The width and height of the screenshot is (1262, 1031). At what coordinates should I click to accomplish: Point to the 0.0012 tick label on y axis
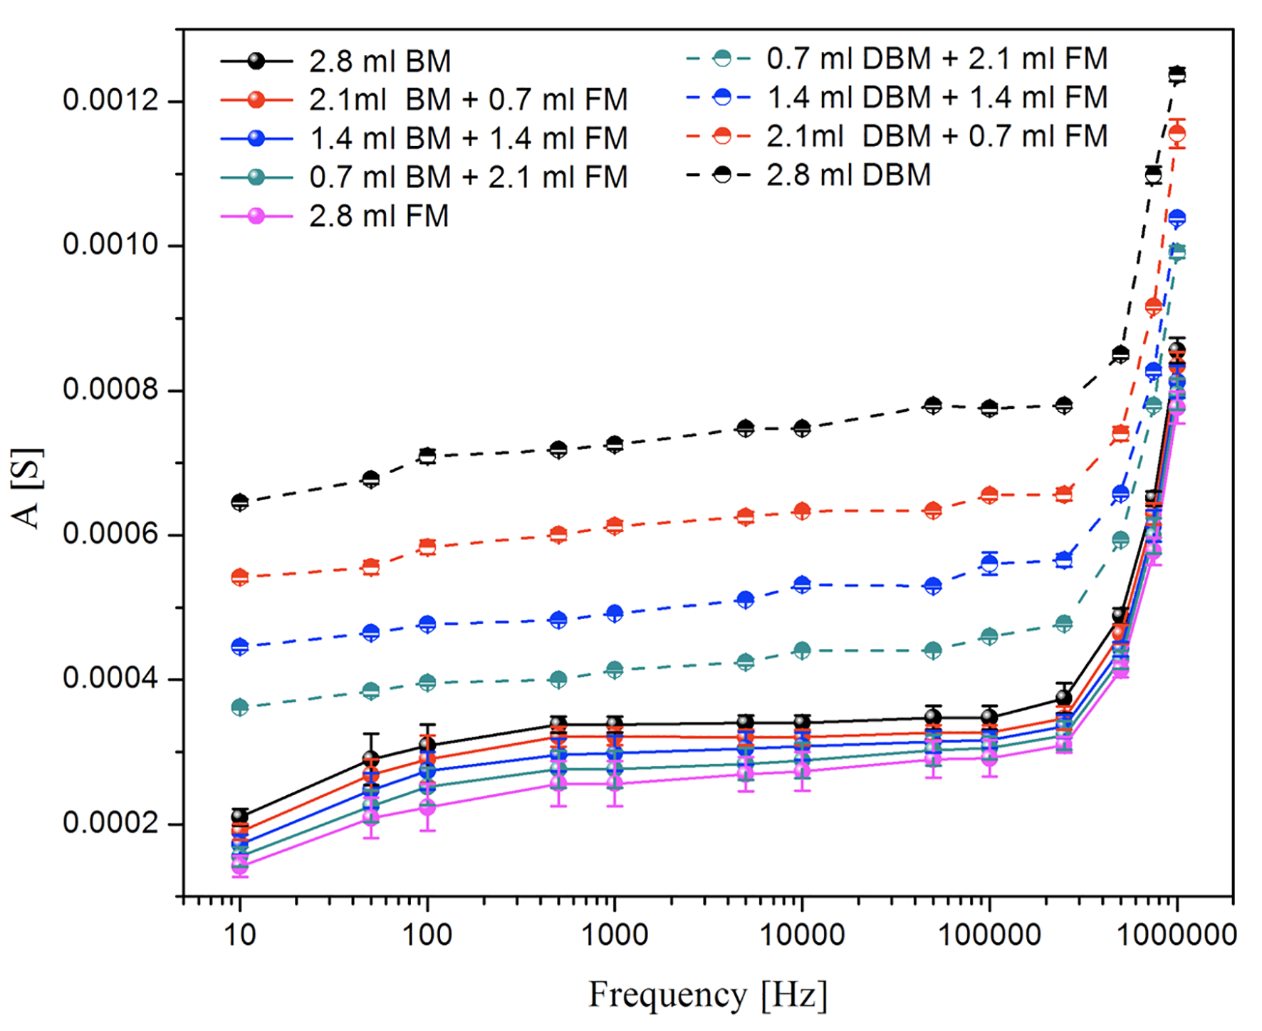pyautogui.click(x=110, y=100)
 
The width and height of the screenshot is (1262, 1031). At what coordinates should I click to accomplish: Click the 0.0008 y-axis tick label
pyautogui.click(x=110, y=390)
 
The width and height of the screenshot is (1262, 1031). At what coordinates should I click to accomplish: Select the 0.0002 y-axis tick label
pyautogui.click(x=110, y=823)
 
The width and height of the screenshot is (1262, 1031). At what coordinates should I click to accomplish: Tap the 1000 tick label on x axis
pyautogui.click(x=615, y=934)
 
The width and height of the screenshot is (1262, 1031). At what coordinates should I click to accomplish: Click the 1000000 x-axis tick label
pyautogui.click(x=1177, y=934)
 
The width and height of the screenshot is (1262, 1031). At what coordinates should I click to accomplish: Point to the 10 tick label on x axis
pyautogui.click(x=240, y=934)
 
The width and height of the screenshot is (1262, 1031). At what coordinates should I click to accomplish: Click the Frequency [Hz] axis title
pyautogui.click(x=708, y=995)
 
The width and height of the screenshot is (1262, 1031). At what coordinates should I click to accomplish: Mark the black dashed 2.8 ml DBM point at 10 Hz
pyautogui.click(x=240, y=502)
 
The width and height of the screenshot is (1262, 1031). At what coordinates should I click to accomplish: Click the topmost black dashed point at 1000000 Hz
pyautogui.click(x=1177, y=74)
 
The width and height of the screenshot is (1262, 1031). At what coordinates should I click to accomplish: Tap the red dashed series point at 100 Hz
pyautogui.click(x=427, y=547)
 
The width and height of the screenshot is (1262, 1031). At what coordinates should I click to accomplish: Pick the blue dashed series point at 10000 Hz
pyautogui.click(x=802, y=585)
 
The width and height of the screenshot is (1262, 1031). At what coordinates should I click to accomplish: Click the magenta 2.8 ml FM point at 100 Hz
pyautogui.click(x=427, y=808)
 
